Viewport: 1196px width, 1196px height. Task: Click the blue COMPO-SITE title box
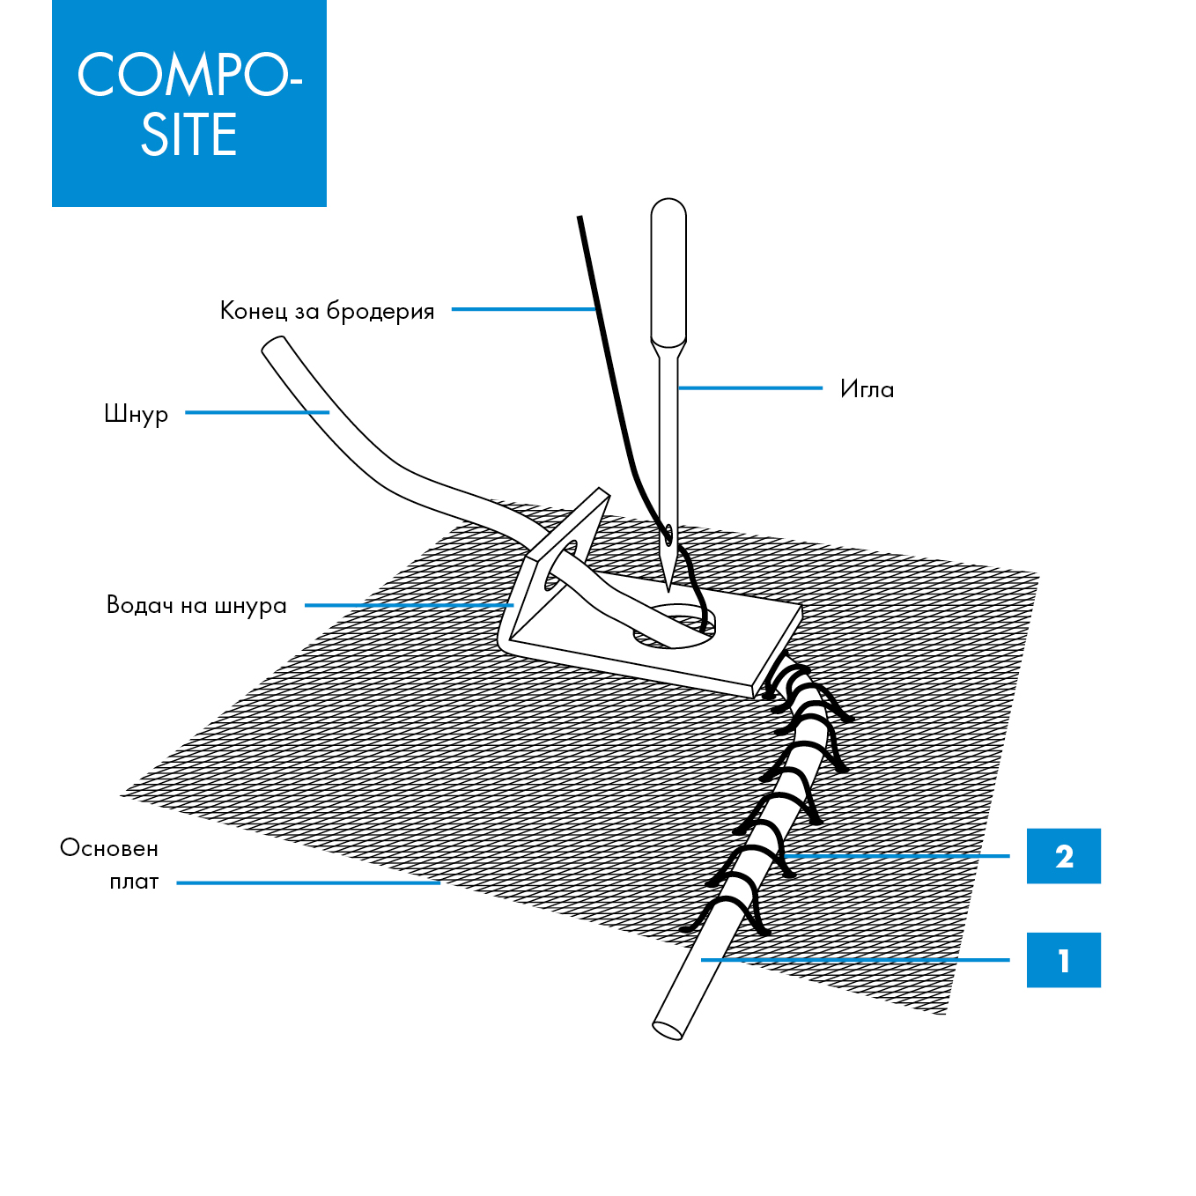point(188,103)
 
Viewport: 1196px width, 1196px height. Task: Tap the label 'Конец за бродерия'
point(327,311)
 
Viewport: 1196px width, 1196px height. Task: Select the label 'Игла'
point(867,388)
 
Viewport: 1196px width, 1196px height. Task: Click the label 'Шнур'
point(136,414)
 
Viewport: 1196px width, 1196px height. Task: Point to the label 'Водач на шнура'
point(196,605)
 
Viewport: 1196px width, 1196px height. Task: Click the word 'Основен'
point(109,848)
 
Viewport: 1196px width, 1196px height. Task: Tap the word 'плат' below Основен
point(134,882)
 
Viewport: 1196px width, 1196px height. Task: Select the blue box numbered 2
point(1063,856)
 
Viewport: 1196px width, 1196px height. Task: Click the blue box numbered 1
point(1063,960)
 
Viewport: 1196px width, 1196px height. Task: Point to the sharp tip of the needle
point(668,588)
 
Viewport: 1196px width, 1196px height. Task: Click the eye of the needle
point(668,533)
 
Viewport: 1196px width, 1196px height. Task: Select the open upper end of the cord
point(274,347)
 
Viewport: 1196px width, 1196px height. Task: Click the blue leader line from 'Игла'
point(749,388)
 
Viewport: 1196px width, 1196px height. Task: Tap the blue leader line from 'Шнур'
point(256,412)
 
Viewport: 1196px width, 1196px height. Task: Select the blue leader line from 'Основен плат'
point(308,882)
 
